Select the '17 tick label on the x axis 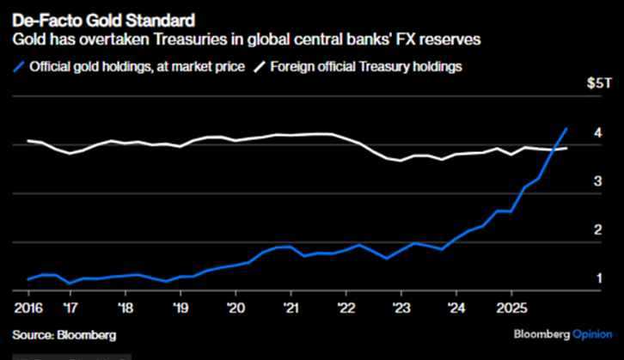click(x=72, y=306)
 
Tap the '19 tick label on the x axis click(x=180, y=306)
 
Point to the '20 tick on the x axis click(x=235, y=306)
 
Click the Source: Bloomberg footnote click(x=64, y=334)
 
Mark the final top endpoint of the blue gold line click(x=566, y=129)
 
